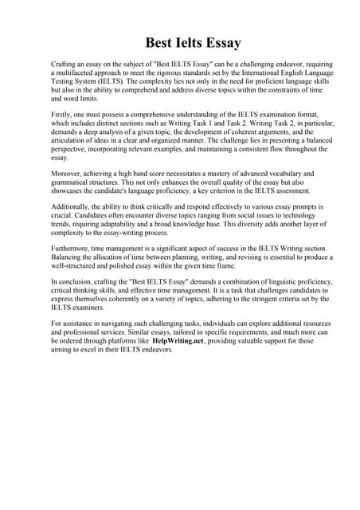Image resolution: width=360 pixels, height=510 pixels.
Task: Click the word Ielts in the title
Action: click(x=181, y=42)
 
